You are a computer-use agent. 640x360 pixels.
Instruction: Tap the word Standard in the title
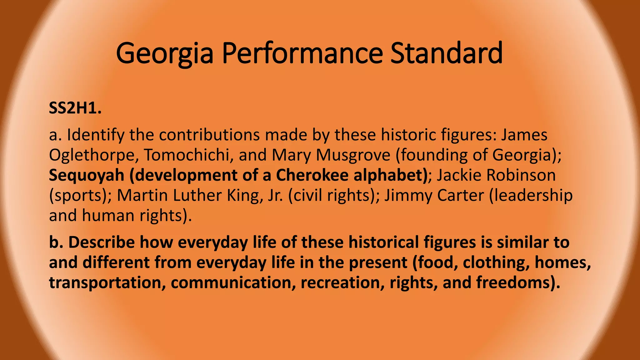click(x=447, y=53)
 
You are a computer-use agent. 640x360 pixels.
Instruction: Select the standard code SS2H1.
click(x=75, y=109)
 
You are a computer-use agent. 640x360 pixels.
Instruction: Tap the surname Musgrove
click(x=353, y=155)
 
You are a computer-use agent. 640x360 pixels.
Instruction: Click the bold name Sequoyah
click(x=87, y=176)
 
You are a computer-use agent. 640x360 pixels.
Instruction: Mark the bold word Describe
click(x=101, y=242)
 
